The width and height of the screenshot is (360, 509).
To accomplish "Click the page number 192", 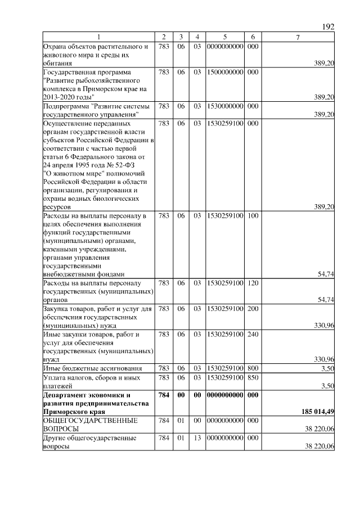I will tap(328, 27).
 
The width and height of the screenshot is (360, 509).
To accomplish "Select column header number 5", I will tap(224, 37).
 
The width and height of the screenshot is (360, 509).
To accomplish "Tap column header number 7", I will tap(298, 37).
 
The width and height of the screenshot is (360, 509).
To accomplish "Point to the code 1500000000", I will tap(224, 73).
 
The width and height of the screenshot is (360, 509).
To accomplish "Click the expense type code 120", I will tap(253, 283).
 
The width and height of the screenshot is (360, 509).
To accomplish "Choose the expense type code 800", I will tap(253, 368).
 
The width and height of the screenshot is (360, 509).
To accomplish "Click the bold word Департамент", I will tap(68, 395).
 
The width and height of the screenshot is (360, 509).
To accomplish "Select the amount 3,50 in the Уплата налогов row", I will tap(327, 386).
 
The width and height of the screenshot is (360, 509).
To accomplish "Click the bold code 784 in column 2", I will tap(164, 395).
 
